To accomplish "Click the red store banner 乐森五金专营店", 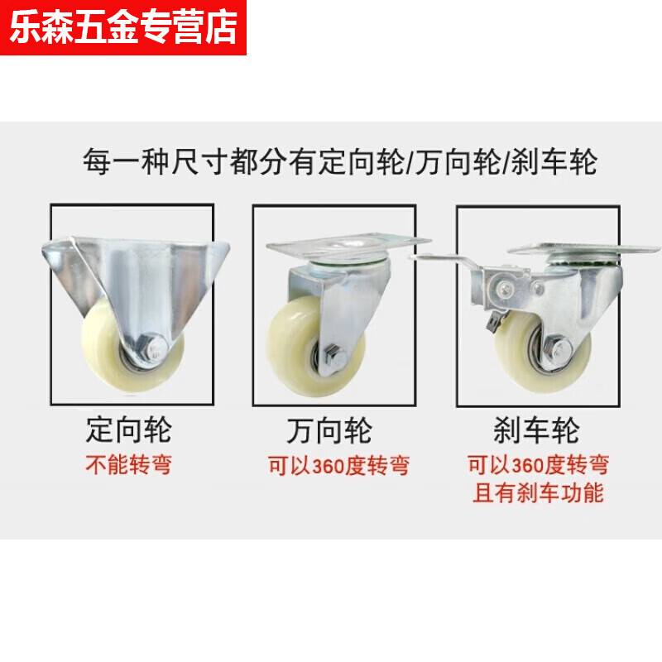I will point(123,27).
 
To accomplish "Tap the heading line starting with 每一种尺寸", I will point(339,161).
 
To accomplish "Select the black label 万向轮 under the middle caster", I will point(330,430).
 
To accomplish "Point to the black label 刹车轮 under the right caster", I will point(536,430).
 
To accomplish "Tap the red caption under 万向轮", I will point(338,465).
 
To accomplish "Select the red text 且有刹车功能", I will point(538,494).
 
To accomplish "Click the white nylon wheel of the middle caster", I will point(298,348).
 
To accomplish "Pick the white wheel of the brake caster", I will point(521,356).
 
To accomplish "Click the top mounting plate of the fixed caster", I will point(132,245).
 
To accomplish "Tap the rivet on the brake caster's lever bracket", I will point(503,290).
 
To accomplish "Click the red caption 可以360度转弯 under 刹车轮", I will point(538,465).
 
